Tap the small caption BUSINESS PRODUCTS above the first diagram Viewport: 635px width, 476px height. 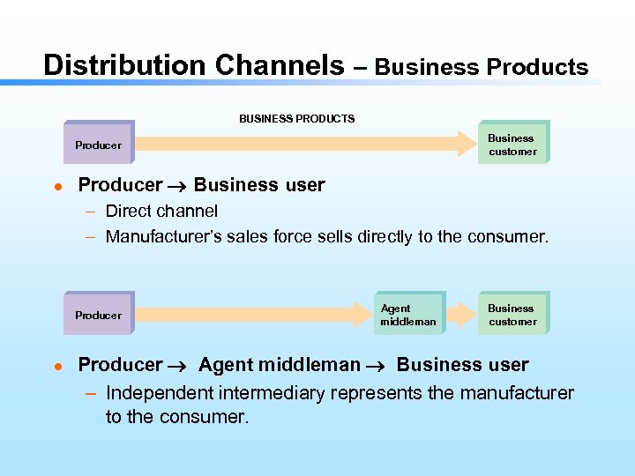[x=297, y=118]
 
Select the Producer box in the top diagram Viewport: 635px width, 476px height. [x=98, y=145]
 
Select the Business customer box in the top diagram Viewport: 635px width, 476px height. [x=512, y=145]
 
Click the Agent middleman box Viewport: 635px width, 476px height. [x=407, y=315]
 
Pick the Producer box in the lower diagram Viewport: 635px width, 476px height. [x=98, y=315]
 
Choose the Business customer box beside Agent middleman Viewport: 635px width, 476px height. [x=512, y=315]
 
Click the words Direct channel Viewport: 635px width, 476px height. [x=161, y=211]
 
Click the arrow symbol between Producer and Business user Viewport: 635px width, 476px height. [x=178, y=186]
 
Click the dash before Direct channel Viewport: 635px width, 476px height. [x=92, y=212]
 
